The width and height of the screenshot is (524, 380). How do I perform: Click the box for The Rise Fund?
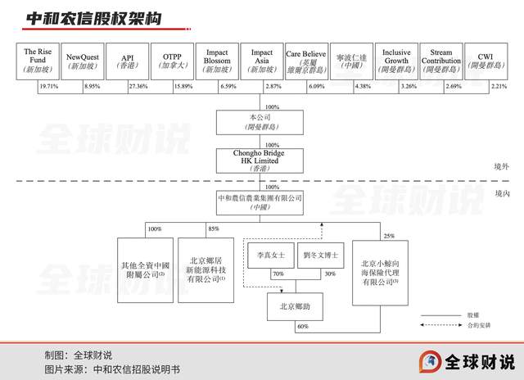tap(38, 60)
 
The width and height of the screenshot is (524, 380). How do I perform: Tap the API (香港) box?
tap(127, 60)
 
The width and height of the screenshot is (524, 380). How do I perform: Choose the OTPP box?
tap(172, 60)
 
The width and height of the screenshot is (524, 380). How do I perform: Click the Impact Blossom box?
tap(217, 60)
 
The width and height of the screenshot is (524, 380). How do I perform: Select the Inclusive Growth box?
tap(396, 60)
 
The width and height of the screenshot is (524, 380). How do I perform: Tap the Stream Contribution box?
tap(441, 60)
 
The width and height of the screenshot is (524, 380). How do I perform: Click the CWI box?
tap(486, 60)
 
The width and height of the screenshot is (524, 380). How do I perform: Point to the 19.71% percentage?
tap(49, 86)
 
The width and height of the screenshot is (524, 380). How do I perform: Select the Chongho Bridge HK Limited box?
tap(260, 159)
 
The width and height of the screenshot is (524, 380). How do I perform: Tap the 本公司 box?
tap(260, 122)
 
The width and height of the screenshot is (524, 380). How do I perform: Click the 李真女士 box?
tap(268, 256)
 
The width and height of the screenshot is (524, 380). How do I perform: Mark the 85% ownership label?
tap(215, 228)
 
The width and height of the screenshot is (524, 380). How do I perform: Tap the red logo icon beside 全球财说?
tap(430, 361)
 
